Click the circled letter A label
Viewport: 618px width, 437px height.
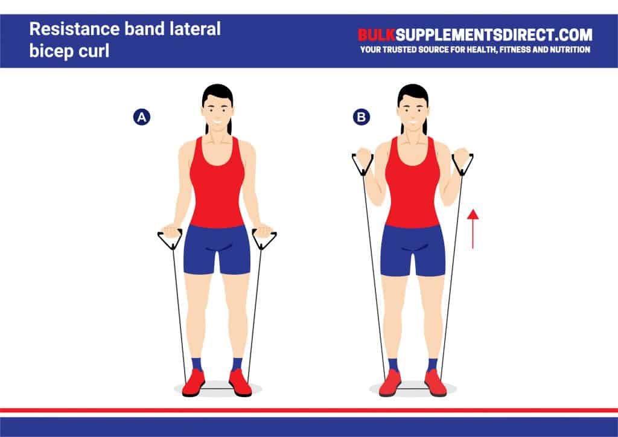(x=141, y=117)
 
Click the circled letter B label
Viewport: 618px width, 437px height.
(x=361, y=117)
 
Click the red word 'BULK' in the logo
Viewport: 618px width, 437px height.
(x=378, y=34)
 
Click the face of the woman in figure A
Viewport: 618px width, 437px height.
(x=217, y=111)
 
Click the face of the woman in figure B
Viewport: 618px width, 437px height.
(x=413, y=111)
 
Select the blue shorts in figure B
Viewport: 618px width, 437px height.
(x=413, y=249)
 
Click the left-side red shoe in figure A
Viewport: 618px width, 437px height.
(x=194, y=383)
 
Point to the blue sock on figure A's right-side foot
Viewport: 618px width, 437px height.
(x=237, y=364)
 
